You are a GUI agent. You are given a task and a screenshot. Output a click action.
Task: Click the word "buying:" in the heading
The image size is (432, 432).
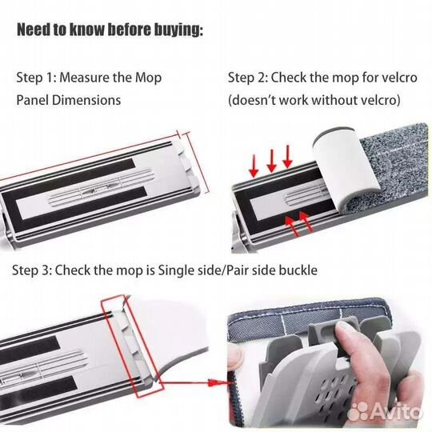[x=178, y=30]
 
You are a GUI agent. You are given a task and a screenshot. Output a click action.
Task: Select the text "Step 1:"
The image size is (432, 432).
[x=36, y=78]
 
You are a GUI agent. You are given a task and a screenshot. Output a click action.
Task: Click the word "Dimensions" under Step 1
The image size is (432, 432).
[x=86, y=100]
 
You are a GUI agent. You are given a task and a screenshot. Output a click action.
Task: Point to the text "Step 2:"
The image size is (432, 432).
[x=248, y=78]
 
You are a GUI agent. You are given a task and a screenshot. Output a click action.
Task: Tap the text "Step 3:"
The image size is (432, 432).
[x=32, y=270]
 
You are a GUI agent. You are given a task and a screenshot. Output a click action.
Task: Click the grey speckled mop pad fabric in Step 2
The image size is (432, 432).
[x=397, y=166]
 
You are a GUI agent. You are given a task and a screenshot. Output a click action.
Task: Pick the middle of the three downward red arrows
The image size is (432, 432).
[x=272, y=161]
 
